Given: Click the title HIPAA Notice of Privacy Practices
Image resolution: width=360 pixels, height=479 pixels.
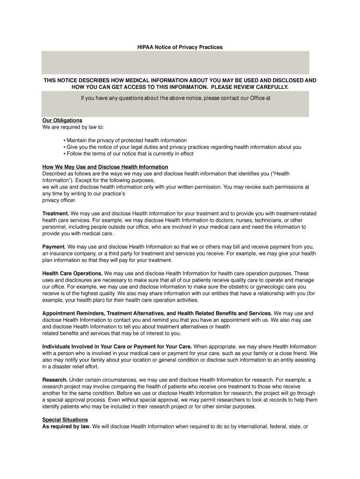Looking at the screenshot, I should (180, 47).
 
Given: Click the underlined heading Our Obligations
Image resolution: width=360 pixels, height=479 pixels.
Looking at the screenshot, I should (62, 120).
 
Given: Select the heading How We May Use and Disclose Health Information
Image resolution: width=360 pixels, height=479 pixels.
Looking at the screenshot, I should (105, 167).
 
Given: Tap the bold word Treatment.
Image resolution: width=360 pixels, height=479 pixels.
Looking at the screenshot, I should (56, 214).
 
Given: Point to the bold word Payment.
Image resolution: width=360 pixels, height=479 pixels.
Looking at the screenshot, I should (54, 247).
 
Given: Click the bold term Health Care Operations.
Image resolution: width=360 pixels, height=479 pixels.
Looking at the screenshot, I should (72, 273).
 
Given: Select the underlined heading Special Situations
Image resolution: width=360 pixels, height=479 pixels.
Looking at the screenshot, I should (65, 420).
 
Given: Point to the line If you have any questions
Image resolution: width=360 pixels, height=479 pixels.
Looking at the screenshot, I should (176, 98).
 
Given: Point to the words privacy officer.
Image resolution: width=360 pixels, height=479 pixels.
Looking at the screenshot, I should (59, 200).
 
